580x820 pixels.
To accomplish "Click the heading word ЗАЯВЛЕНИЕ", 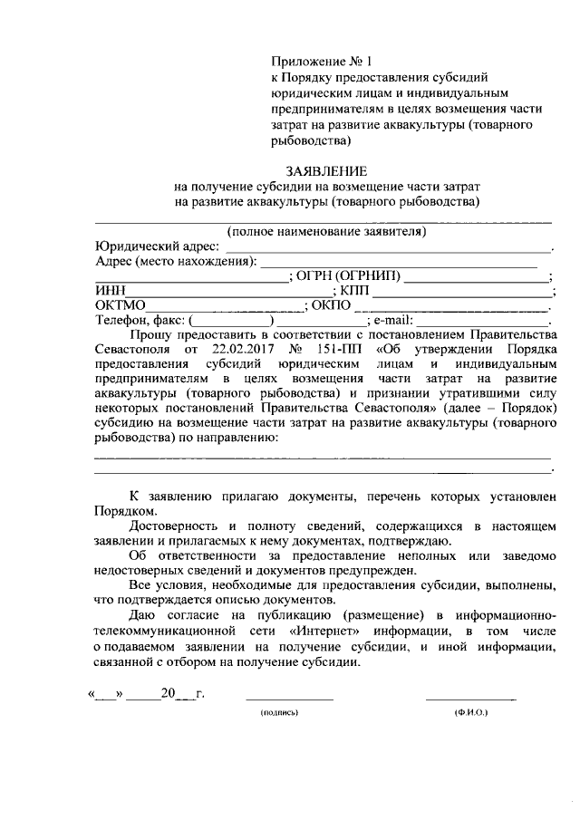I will [x=326, y=170].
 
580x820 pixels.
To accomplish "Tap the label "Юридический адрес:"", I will [x=156, y=246].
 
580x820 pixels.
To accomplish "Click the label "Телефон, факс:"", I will [x=140, y=320].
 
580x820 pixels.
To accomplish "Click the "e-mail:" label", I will [x=392, y=320].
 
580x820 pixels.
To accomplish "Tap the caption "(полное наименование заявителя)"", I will [x=326, y=232].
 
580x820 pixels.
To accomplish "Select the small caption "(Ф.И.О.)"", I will [x=471, y=714].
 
